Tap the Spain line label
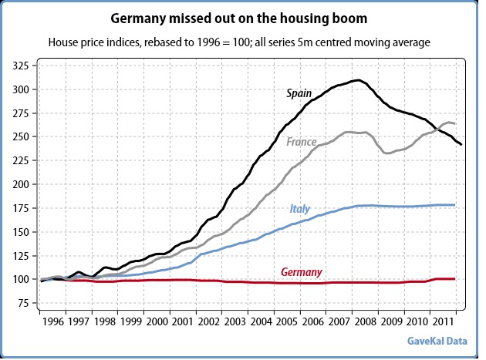click(299, 93)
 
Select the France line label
click(302, 142)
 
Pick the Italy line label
click(300, 208)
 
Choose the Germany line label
click(302, 271)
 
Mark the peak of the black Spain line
click(356, 80)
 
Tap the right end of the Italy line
click(456, 205)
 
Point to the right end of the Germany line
click(456, 279)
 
